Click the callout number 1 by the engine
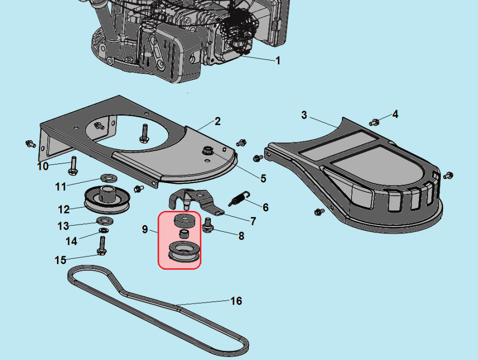click(278, 61)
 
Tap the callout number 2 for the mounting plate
click(217, 122)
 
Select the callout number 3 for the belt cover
click(304, 115)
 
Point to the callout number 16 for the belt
click(236, 301)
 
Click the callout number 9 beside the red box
click(144, 229)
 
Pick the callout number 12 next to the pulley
click(64, 209)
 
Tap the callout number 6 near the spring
click(265, 208)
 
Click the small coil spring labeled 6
click(238, 200)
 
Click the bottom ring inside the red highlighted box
click(183, 252)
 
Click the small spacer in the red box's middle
click(184, 233)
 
